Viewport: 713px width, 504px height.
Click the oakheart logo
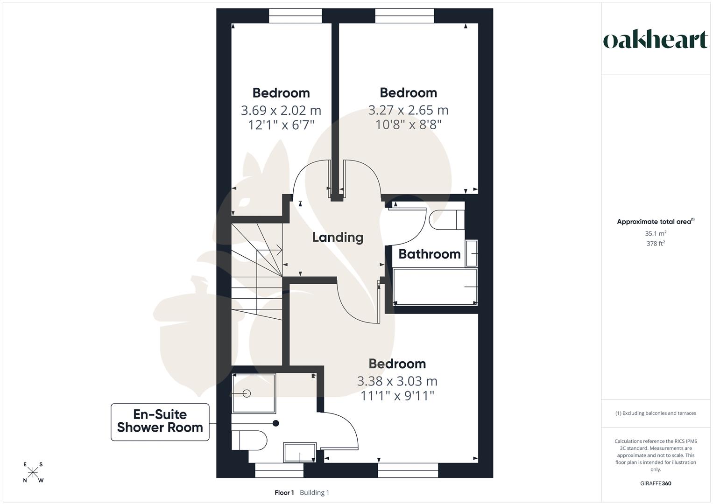655,40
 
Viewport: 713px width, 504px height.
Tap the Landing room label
338,237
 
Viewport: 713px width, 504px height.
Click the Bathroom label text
429,254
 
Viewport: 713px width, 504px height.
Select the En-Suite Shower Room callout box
160,421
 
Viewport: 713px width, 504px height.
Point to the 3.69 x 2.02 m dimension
281,110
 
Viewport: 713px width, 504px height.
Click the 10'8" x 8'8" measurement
408,125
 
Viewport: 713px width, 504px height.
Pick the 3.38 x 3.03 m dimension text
397,381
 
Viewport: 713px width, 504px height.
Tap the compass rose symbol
33,472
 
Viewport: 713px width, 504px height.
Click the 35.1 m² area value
656,233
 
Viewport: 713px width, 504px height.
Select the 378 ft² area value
656,243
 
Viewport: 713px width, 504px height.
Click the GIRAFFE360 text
656,483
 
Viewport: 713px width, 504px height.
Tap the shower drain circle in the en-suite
247,394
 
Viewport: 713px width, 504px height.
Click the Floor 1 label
284,492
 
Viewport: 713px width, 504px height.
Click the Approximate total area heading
655,222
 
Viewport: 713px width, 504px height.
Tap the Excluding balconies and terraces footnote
656,413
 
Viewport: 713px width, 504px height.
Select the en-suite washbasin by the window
299,452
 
